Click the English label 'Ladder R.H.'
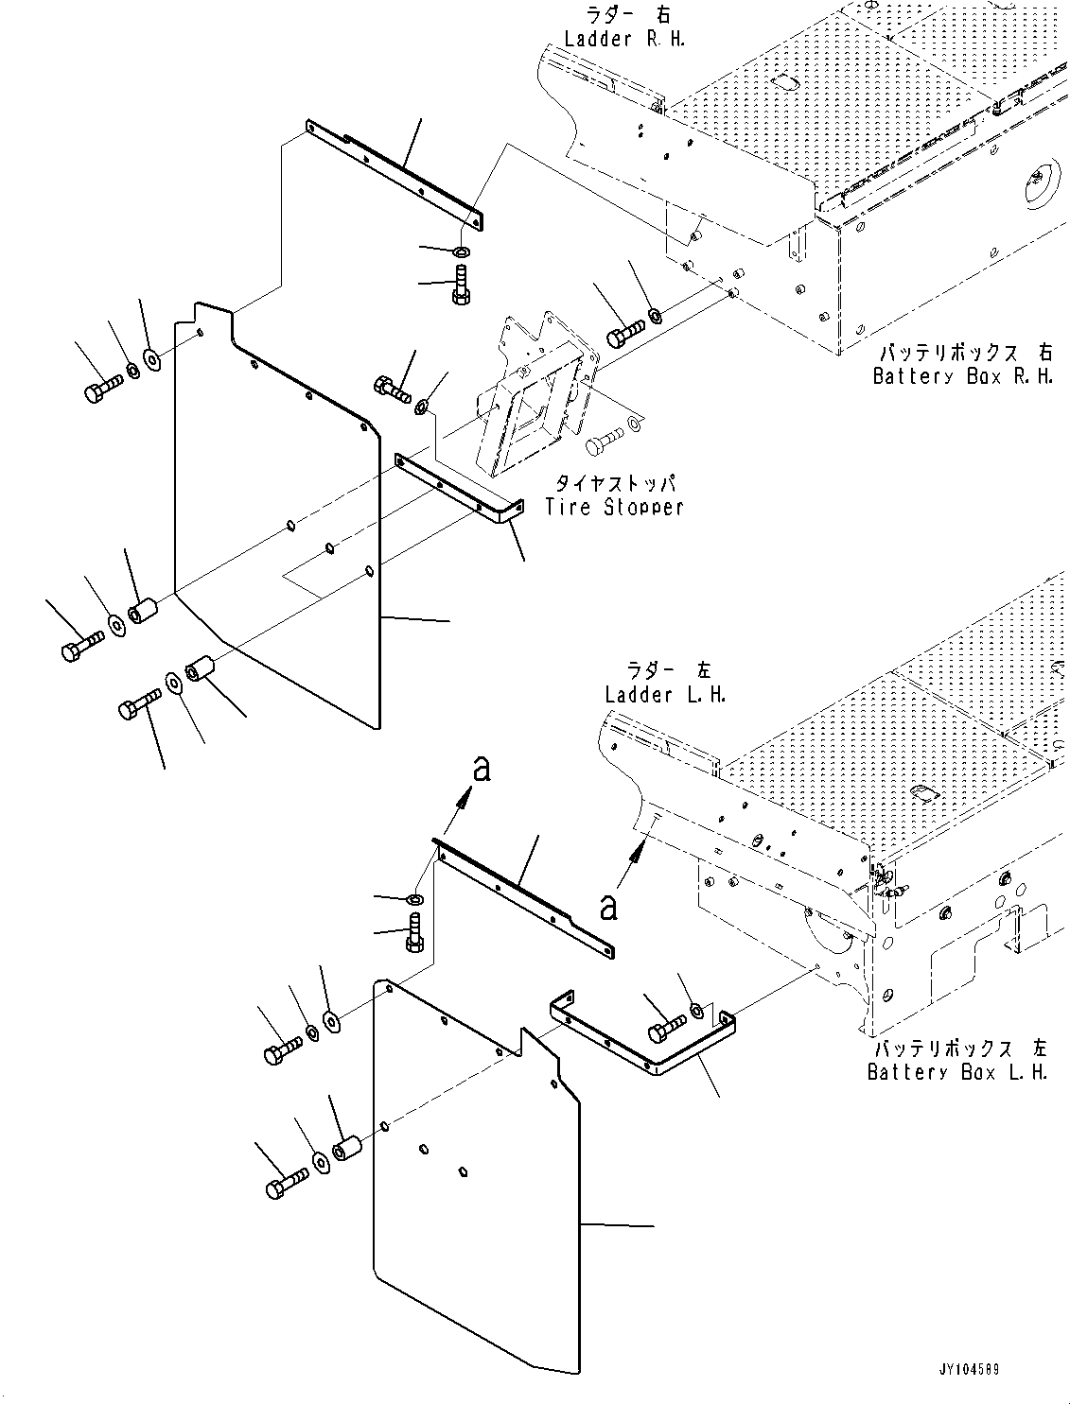(624, 39)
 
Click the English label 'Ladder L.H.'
(665, 694)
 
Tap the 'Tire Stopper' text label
(614, 507)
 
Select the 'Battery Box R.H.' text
(962, 375)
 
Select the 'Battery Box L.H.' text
(957, 1072)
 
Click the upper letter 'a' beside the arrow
(482, 770)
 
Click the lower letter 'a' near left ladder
(609, 908)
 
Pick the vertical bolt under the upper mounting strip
(460, 286)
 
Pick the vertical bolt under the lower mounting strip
(413, 933)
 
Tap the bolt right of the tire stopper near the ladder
(623, 334)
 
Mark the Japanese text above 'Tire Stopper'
(613, 483)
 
